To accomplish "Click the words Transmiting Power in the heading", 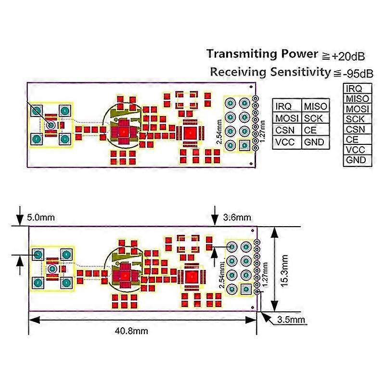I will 262,54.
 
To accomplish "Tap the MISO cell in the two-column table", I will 315,106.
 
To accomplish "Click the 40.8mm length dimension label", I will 131,331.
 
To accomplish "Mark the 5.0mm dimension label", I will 41,218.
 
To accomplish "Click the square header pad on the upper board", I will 244,144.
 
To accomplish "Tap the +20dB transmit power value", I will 346,56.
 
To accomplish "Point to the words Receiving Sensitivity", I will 269,72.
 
